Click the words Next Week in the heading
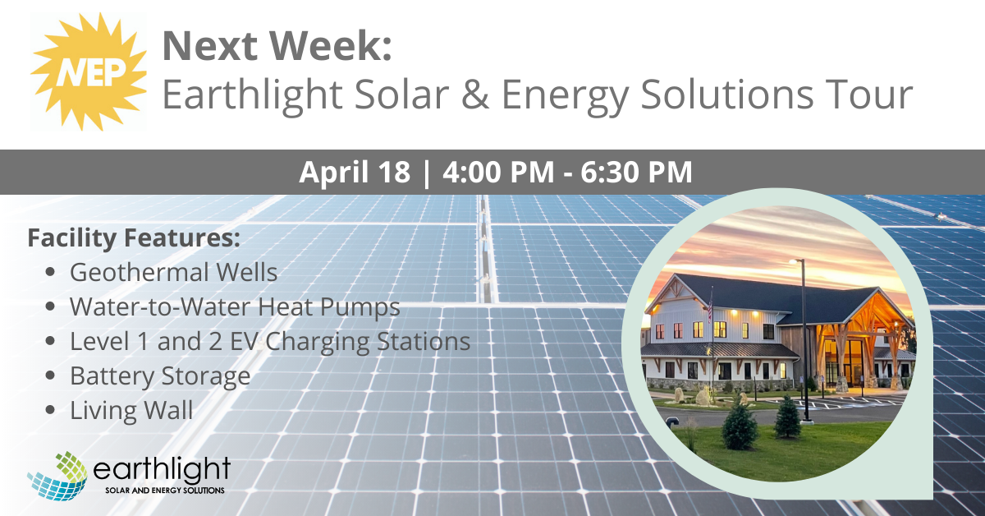277,46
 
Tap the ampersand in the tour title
475,94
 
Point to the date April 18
355,172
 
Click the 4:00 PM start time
498,172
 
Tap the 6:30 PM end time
636,172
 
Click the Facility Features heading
134,237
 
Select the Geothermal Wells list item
174,272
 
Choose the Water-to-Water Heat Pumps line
235,306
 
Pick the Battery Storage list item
160,376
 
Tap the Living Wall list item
131,410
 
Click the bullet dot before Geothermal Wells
50,272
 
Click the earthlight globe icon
57,476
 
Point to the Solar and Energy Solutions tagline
165,490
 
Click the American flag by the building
709,306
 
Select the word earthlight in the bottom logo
162,469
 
